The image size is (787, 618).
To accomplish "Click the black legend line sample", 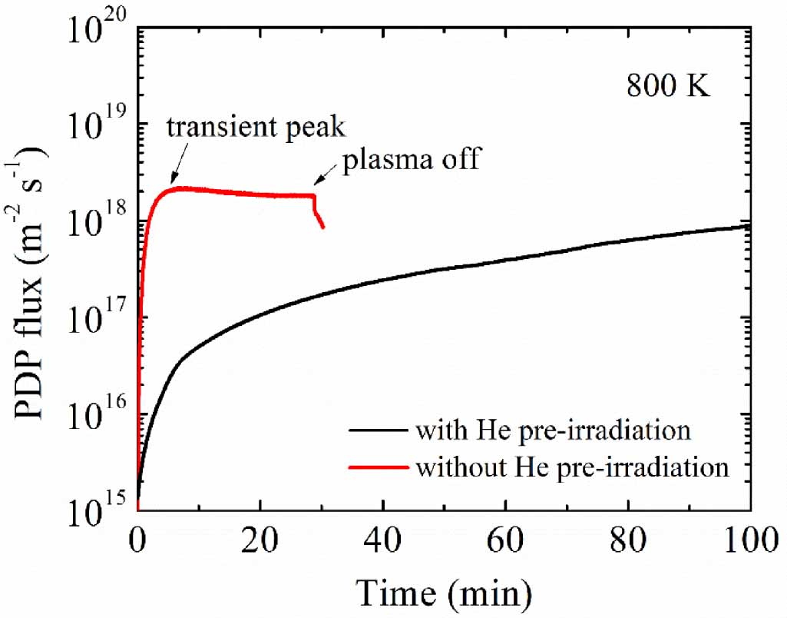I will click(x=379, y=430).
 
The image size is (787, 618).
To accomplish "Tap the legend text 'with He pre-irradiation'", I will click(x=552, y=430).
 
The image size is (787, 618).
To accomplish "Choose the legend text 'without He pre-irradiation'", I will click(x=571, y=466).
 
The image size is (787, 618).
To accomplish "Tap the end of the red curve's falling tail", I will click(x=323, y=227).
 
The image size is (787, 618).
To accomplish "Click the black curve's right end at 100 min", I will click(x=749, y=225).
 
